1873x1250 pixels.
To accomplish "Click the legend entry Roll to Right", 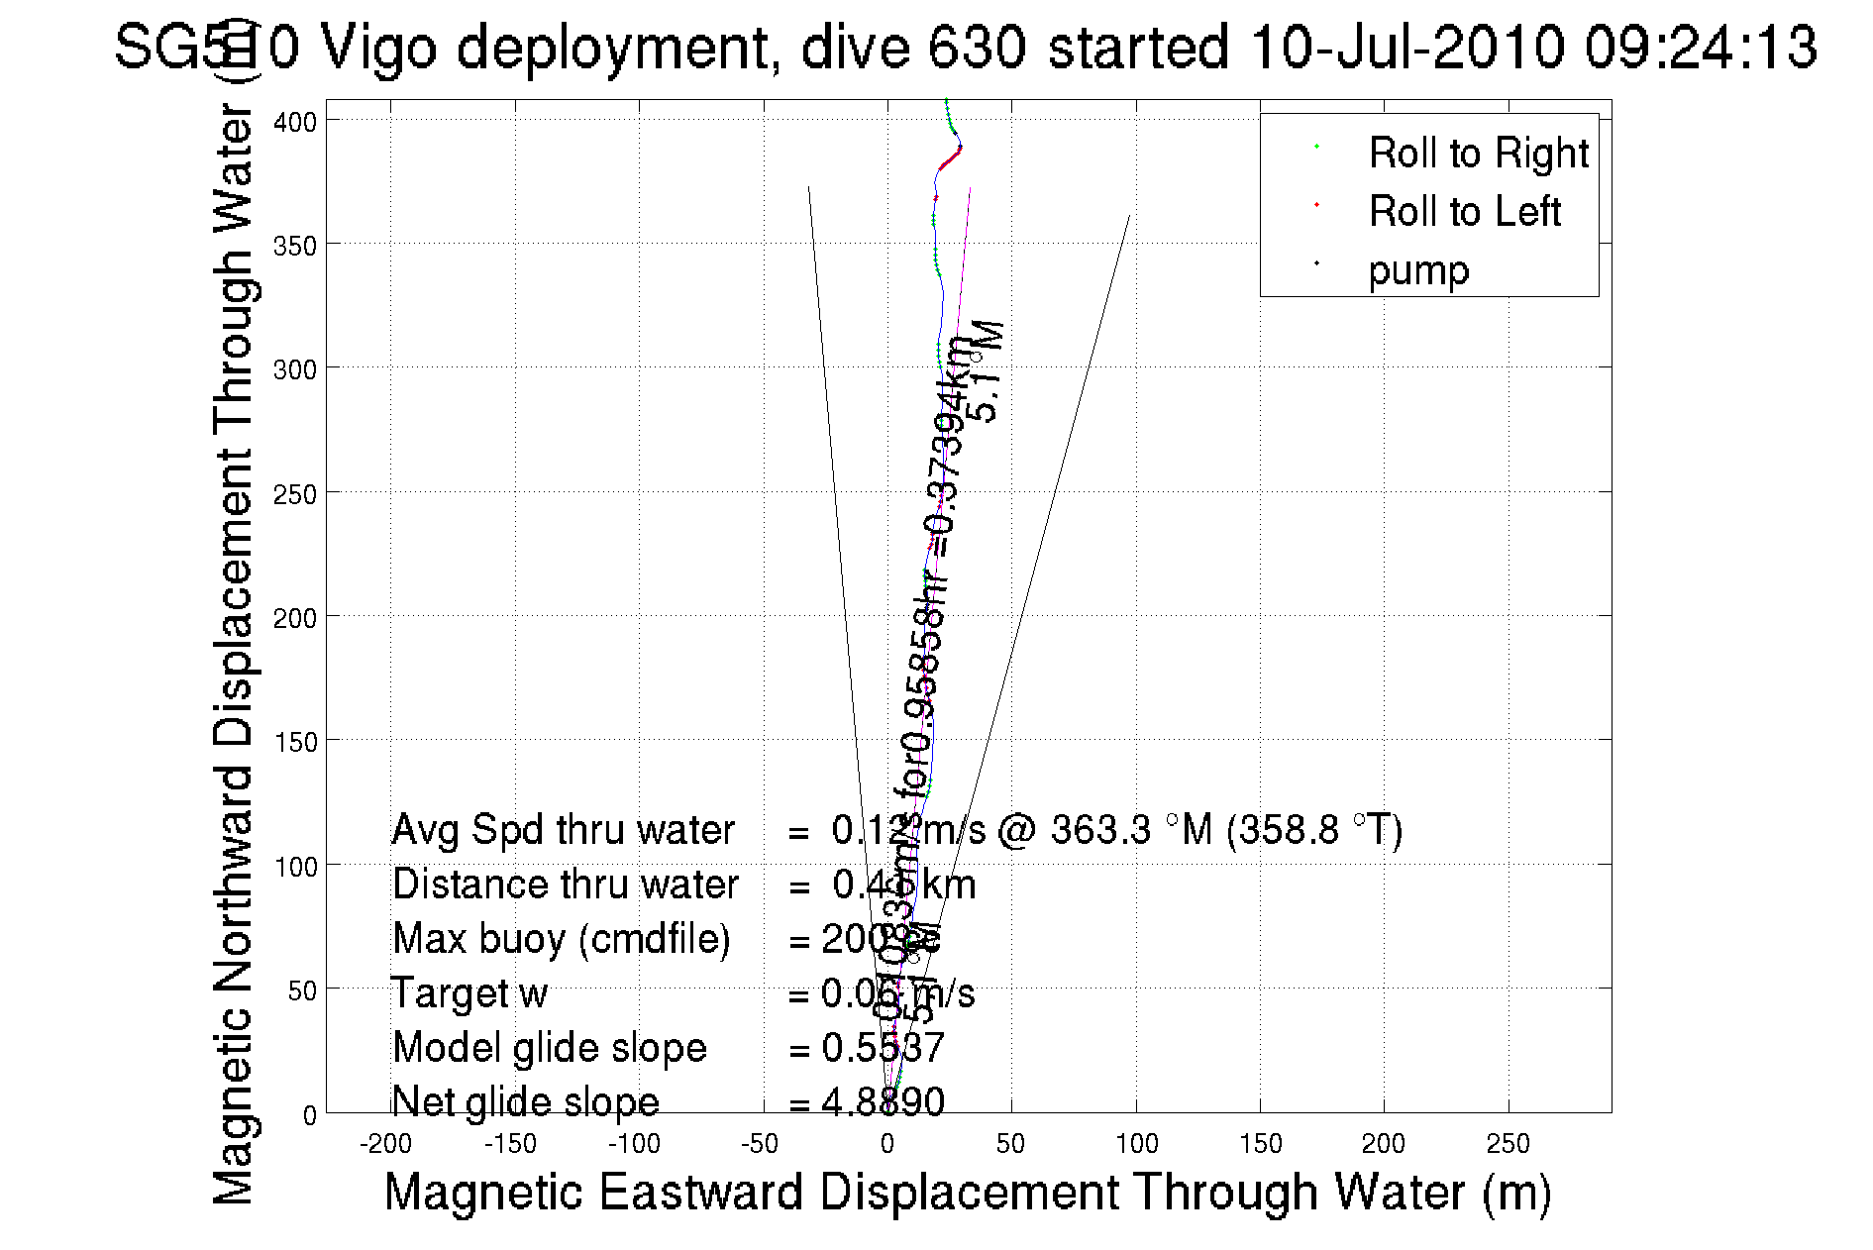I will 1477,154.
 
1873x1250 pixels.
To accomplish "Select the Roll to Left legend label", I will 1464,212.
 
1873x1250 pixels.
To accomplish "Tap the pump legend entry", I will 1418,270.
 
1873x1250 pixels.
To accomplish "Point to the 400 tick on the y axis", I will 295,122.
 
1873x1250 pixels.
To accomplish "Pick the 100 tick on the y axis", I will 295,867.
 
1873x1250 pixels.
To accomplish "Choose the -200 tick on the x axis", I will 385,1144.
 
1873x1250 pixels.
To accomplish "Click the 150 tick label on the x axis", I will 1260,1144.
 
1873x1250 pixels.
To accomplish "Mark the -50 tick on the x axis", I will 759,1144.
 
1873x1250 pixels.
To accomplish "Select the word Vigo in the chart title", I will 379,47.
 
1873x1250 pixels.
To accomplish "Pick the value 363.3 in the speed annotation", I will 1100,830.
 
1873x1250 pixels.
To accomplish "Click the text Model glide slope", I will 550,1048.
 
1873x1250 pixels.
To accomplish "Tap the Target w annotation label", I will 469,993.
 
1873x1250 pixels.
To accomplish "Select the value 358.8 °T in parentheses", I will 1314,830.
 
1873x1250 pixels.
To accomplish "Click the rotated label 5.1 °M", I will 988,372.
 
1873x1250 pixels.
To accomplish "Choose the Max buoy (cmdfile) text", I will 561,939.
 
